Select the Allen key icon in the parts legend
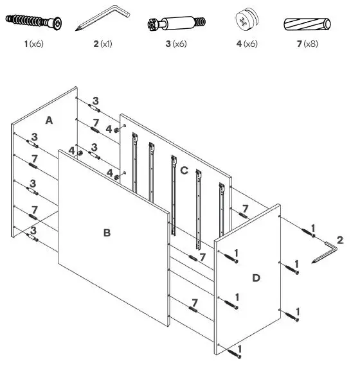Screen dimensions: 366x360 tap(102, 19)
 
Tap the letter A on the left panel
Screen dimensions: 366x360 tap(50, 120)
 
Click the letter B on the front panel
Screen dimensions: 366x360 tap(107, 232)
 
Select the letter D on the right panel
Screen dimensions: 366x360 tap(256, 278)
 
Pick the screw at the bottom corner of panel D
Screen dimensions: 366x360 tap(233, 353)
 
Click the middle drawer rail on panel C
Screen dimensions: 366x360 tap(173, 193)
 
